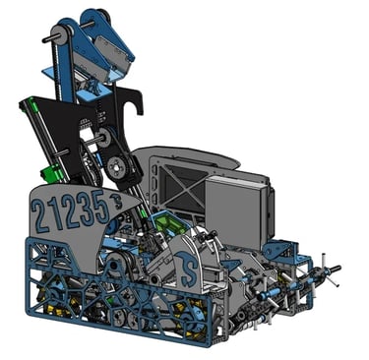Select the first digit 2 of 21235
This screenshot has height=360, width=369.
pyautogui.click(x=39, y=215)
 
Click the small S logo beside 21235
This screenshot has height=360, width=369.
pyautogui.click(x=116, y=201)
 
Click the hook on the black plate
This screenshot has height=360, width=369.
pyautogui.click(x=138, y=101)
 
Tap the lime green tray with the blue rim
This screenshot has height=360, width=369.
pyautogui.click(x=168, y=222)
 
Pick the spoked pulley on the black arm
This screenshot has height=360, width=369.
pyautogui.click(x=116, y=166)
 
